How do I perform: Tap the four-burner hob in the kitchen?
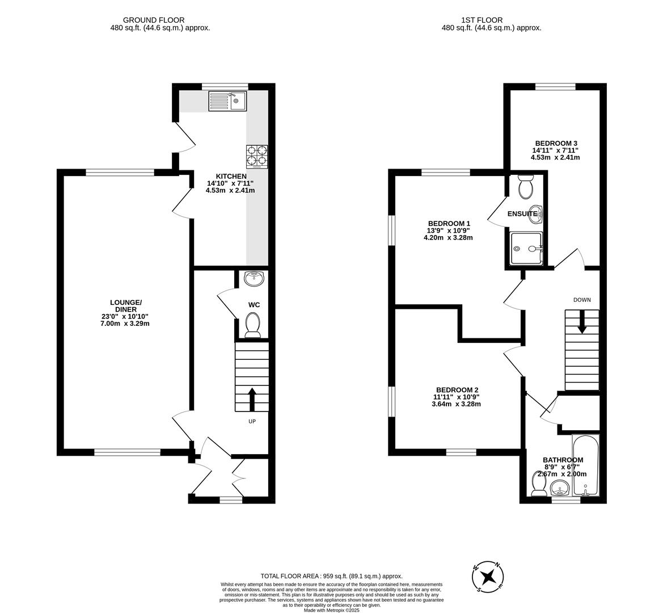coord(257,156)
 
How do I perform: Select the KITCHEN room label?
coord(230,177)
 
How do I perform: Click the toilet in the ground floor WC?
coord(253,325)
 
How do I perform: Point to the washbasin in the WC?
coord(254,278)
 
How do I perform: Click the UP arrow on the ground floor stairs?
coord(252,399)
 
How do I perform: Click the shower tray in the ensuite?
coord(526,249)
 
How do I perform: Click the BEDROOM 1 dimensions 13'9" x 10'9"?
coord(448,230)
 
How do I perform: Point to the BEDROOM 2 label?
coord(457,389)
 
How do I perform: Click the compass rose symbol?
coord(488,578)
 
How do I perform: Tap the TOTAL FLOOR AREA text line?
coord(331,576)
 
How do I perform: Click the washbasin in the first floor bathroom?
coord(560,488)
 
